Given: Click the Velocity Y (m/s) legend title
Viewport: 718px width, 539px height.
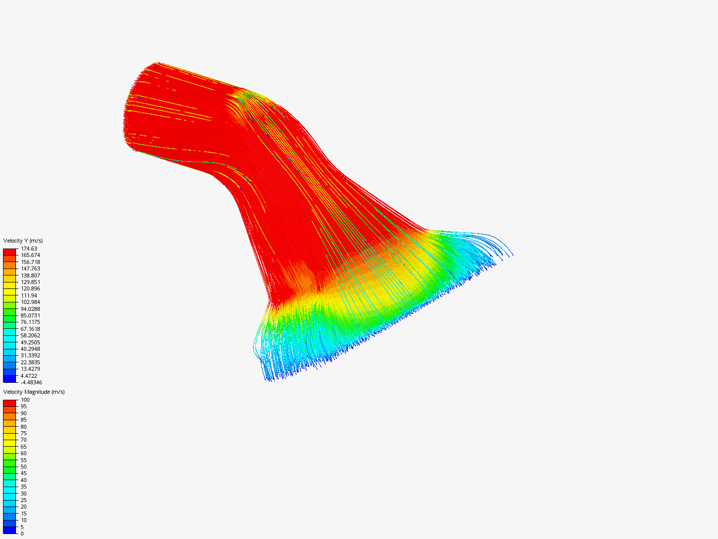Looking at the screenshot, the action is click(x=23, y=241).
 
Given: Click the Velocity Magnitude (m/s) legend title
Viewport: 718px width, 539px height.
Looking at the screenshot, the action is click(x=34, y=392).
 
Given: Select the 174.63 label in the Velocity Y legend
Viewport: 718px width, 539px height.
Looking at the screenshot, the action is click(x=29, y=249).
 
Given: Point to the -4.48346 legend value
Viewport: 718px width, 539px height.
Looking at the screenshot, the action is click(x=31, y=383).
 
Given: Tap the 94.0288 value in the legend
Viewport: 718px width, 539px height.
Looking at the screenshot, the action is click(x=30, y=309).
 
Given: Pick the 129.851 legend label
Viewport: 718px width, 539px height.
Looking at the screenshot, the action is click(x=30, y=282).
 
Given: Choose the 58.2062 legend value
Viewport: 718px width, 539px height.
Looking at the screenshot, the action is click(x=30, y=336).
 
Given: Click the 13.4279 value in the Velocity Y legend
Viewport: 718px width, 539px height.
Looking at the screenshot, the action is click(x=30, y=369).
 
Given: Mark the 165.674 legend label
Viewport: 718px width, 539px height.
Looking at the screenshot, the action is click(x=30, y=255).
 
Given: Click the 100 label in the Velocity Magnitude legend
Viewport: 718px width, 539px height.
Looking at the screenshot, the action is click(x=25, y=400).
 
